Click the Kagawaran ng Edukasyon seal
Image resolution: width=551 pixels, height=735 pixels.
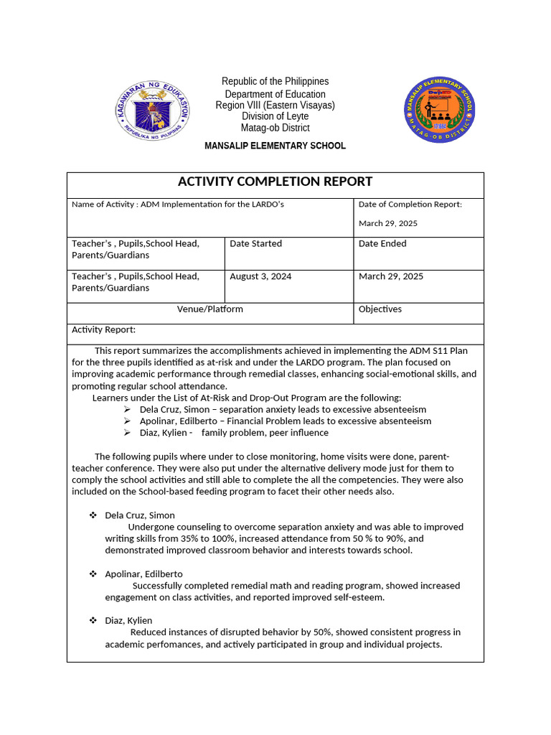pyautogui.click(x=153, y=111)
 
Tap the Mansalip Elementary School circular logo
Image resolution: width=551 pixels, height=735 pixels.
pyautogui.click(x=438, y=110)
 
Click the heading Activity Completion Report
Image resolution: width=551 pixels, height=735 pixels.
pyautogui.click(x=275, y=182)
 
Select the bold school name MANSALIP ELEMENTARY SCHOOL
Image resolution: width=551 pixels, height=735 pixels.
pyautogui.click(x=275, y=146)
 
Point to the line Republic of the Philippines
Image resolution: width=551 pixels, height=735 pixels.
pyautogui.click(x=275, y=82)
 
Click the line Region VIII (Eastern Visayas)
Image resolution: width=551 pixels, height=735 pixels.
pyautogui.click(x=275, y=106)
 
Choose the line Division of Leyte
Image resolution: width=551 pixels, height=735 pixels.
pyautogui.click(x=275, y=116)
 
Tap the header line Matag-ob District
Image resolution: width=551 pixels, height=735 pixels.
pyautogui.click(x=275, y=128)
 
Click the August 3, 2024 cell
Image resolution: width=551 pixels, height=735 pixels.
pyautogui.click(x=260, y=276)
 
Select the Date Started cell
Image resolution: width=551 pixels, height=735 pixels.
pyautogui.click(x=255, y=244)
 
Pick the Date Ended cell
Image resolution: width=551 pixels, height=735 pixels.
pyautogui.click(x=382, y=244)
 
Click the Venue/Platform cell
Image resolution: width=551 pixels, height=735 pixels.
pyautogui.click(x=210, y=309)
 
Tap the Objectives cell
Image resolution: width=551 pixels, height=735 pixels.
pyautogui.click(x=380, y=309)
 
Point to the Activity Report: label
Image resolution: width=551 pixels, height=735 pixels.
pyautogui.click(x=103, y=330)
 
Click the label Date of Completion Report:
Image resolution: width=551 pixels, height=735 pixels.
pyautogui.click(x=410, y=205)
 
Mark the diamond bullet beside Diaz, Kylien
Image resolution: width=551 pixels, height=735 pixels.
pyautogui.click(x=93, y=620)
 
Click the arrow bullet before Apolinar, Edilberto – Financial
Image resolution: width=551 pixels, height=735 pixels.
pyautogui.click(x=127, y=421)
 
